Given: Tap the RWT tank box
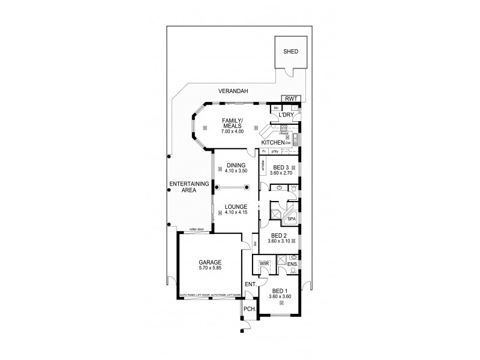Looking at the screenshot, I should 292,99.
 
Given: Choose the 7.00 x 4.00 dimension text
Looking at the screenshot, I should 231,131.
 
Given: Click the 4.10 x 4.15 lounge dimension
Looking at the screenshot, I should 231,213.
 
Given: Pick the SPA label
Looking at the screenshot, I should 292,219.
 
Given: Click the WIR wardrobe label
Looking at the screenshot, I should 263,263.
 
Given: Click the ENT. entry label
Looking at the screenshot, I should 250,284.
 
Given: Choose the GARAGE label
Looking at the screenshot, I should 210,262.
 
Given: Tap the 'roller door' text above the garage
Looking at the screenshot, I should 196,229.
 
